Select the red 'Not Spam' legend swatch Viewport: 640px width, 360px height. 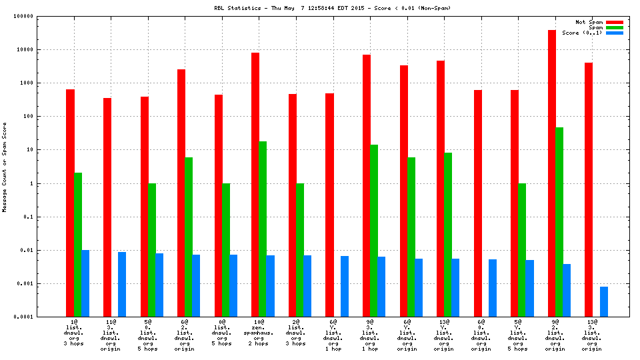click(x=615, y=22)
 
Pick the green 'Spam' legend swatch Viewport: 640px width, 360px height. click(x=615, y=27)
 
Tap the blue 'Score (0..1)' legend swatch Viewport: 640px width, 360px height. click(x=615, y=33)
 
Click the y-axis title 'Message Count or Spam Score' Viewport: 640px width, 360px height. click(x=5, y=167)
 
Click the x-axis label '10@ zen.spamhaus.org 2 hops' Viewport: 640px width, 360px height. click(x=259, y=333)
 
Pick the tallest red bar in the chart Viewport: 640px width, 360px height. click(x=552, y=173)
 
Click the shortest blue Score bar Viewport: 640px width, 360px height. click(x=604, y=301)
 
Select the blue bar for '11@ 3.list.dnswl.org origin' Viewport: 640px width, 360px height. click(x=122, y=284)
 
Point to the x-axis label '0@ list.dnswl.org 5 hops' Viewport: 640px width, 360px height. click(x=221, y=333)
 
